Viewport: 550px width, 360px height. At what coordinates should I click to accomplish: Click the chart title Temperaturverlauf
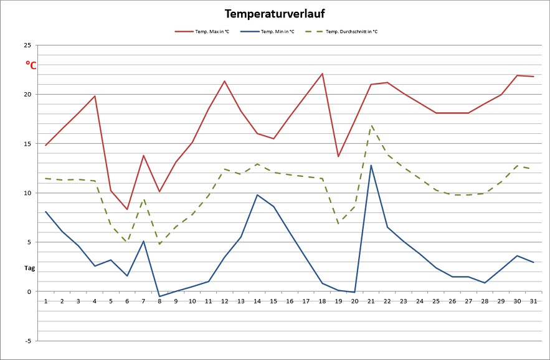point(275,14)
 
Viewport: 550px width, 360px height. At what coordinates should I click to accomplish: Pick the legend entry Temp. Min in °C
point(277,31)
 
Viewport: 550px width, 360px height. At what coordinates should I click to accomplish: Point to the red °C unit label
point(31,64)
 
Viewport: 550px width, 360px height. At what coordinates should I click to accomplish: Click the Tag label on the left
point(29,268)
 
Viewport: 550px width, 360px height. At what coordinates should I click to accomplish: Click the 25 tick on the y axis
point(27,45)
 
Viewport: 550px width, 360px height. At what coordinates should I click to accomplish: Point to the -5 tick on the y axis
point(27,341)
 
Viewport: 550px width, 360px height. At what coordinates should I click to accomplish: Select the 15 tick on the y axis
point(27,144)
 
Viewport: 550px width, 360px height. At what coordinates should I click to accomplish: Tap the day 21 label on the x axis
point(371,301)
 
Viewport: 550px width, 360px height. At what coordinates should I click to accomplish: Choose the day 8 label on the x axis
point(159,301)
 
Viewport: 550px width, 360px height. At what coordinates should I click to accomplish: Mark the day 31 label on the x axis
point(534,301)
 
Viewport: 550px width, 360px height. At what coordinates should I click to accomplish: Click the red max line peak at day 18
point(322,73)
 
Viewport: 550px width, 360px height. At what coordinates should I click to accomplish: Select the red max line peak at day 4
point(95,96)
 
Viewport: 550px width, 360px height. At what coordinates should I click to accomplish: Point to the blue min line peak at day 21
point(371,165)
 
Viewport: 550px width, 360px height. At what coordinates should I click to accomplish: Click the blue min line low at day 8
point(159,296)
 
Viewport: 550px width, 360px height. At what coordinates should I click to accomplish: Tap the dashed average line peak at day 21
point(371,125)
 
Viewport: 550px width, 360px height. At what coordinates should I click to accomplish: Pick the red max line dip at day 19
point(338,156)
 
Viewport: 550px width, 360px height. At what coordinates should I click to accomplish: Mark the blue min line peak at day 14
point(257,194)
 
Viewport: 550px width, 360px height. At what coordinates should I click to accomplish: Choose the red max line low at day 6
point(127,209)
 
